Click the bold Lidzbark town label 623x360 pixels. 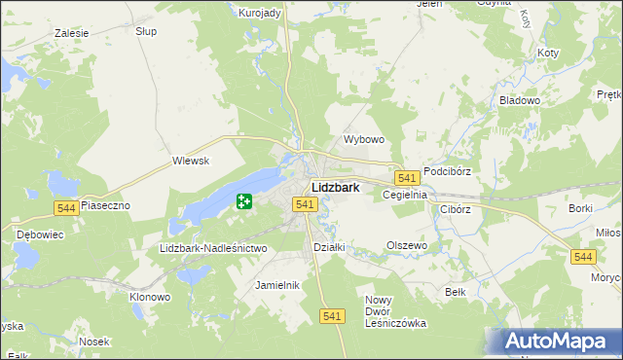336,187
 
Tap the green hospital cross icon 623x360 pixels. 243,202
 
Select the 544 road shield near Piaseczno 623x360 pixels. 66,208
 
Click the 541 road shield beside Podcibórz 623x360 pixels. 407,178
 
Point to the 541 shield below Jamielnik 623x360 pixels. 332,315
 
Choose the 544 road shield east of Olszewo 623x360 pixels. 583,256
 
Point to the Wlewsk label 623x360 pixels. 191,162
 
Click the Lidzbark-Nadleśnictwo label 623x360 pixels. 212,249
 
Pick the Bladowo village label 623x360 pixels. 519,100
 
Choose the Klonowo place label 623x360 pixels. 151,296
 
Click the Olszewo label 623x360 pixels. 407,246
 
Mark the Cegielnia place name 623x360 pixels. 406,195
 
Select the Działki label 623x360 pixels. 329,247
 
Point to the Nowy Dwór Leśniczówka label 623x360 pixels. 395,311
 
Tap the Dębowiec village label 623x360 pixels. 40,234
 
